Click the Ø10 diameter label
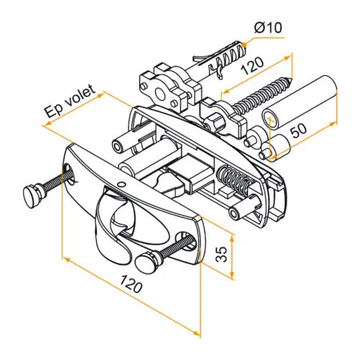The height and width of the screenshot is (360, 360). pyautogui.click(x=268, y=27)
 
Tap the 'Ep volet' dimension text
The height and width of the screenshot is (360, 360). pyautogui.click(x=70, y=101)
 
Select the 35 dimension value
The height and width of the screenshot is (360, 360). pyautogui.click(x=222, y=254)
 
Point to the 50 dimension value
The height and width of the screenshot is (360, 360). pyautogui.click(x=298, y=130)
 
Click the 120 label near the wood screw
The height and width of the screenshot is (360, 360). pyautogui.click(x=252, y=66)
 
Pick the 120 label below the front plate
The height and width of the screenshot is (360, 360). pyautogui.click(x=131, y=284)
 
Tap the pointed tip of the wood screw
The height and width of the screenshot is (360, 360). pyautogui.click(x=291, y=78)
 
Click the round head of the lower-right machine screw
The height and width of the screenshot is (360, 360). pyautogui.click(x=146, y=262)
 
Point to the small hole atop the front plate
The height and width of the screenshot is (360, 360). pyautogui.click(x=121, y=184)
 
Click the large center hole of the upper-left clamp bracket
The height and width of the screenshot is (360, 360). pyautogui.click(x=160, y=94)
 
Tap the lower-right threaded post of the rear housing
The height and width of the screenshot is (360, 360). pyautogui.click(x=242, y=210)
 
